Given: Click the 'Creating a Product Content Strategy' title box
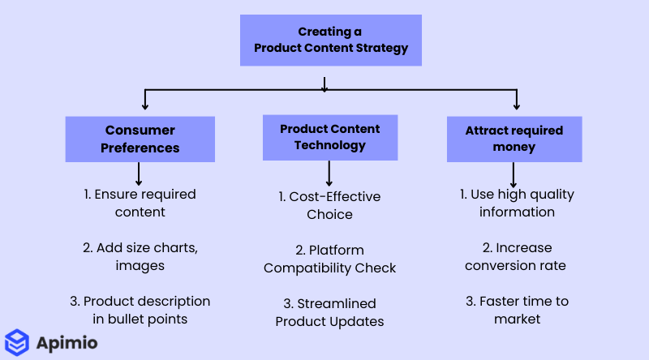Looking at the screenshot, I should click(330, 40).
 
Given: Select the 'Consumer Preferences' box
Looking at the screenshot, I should click(140, 139).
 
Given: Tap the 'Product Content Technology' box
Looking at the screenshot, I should click(329, 137).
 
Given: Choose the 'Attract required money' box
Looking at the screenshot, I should click(514, 139).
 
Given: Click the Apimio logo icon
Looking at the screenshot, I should click(17, 342).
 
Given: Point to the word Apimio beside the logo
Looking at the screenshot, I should click(67, 343).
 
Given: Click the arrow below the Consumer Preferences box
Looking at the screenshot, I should click(139, 174).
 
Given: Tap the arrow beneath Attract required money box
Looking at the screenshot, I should click(514, 174).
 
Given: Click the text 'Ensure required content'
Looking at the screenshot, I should click(140, 203).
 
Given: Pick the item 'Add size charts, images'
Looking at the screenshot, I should click(140, 256).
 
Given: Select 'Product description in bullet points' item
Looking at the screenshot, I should click(140, 310).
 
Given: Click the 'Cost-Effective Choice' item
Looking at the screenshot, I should click(329, 205).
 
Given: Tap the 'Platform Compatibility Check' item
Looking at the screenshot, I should click(329, 259).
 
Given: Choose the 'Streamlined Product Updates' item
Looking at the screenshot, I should click(329, 312).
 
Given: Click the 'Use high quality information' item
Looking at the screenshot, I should click(517, 203).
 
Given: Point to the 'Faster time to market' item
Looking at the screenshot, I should click(517, 310).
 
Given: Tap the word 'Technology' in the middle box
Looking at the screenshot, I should click(329, 145).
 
